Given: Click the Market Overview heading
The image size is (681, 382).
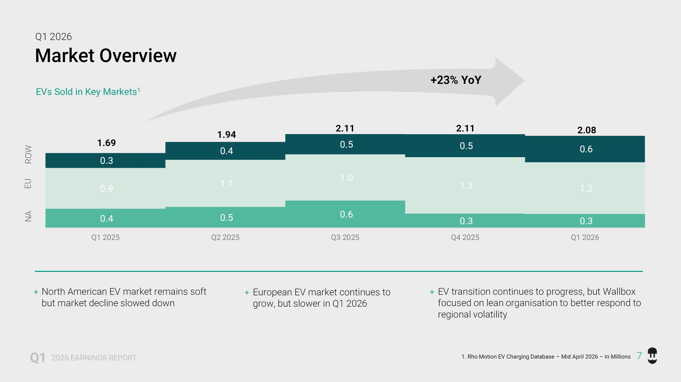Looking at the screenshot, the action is coord(106,56).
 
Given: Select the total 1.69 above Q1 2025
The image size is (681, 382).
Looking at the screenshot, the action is coord(106,143).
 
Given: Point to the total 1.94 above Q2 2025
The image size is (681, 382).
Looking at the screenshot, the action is coord(227,135).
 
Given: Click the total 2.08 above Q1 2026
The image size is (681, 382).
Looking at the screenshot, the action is coord(587,130).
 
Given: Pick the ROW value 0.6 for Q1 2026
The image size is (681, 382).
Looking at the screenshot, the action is coord(586,149).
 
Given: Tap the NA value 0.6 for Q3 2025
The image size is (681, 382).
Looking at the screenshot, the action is coord(346,214).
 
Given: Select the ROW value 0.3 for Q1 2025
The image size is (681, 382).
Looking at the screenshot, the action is coord(106,160).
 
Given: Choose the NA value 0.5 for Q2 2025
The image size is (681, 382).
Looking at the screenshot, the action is coord(227,218).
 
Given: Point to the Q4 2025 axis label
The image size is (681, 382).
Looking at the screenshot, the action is coord(465,237).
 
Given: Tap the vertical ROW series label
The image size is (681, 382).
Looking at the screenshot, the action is coord(28,154).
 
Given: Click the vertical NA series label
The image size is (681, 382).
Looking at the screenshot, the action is coord(28,216).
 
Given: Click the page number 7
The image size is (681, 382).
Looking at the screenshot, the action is coord(639,356).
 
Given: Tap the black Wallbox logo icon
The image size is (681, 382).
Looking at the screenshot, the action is coord(652,356).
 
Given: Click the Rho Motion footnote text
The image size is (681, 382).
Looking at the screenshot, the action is coord(546,357).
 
